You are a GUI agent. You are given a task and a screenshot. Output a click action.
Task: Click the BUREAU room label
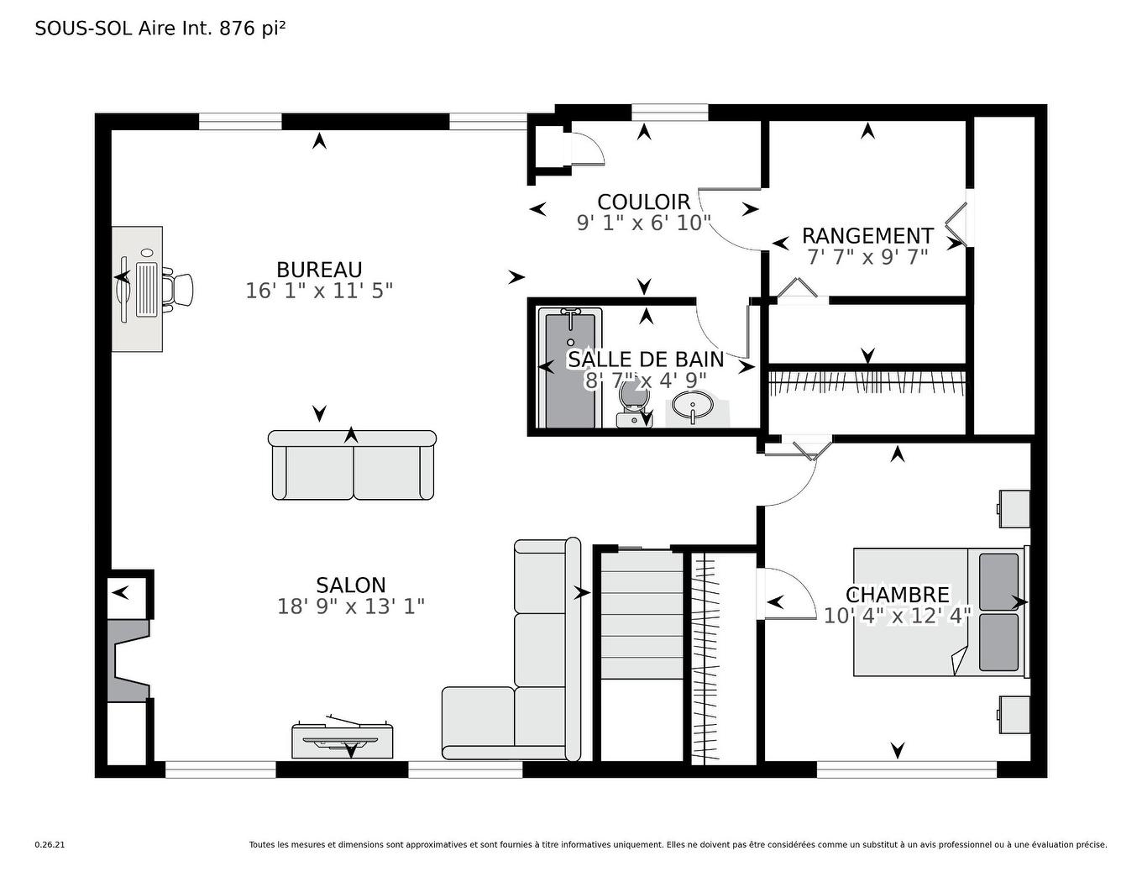(319, 270)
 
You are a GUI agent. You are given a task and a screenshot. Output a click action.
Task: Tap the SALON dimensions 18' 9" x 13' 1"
(351, 606)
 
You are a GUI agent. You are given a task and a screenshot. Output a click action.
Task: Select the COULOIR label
(643, 202)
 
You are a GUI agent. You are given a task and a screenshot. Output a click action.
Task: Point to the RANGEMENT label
(867, 236)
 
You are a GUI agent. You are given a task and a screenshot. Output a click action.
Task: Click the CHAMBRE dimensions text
(897, 616)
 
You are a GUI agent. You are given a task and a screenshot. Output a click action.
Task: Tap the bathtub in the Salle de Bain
(573, 368)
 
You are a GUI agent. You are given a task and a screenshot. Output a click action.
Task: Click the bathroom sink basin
(691, 407)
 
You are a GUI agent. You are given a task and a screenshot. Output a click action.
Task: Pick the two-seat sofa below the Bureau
(352, 467)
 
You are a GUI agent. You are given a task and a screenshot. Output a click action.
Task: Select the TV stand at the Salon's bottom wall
(343, 739)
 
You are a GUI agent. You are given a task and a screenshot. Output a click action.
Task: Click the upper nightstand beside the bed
(1014, 508)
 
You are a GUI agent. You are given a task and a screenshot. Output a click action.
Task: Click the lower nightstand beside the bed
(1014, 714)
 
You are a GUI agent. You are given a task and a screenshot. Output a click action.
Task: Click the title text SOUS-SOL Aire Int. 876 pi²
(160, 29)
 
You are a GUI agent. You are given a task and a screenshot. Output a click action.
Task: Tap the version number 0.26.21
(50, 845)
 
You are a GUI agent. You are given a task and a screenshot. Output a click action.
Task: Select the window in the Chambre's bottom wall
(906, 769)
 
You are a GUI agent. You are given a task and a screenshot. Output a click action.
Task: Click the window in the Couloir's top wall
(669, 112)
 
